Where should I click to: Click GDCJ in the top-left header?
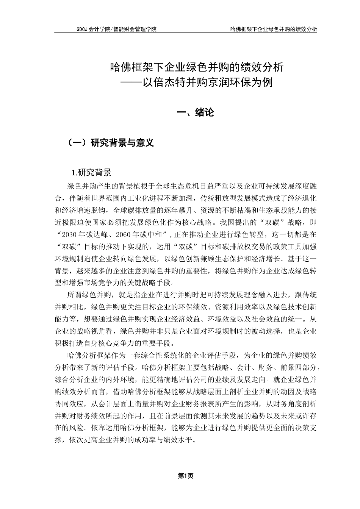(x=82, y=29)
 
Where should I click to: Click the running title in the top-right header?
(x=274, y=29)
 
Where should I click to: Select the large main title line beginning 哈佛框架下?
(x=196, y=67)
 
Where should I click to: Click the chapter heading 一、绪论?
(x=196, y=112)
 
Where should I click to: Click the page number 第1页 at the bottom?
(x=186, y=476)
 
